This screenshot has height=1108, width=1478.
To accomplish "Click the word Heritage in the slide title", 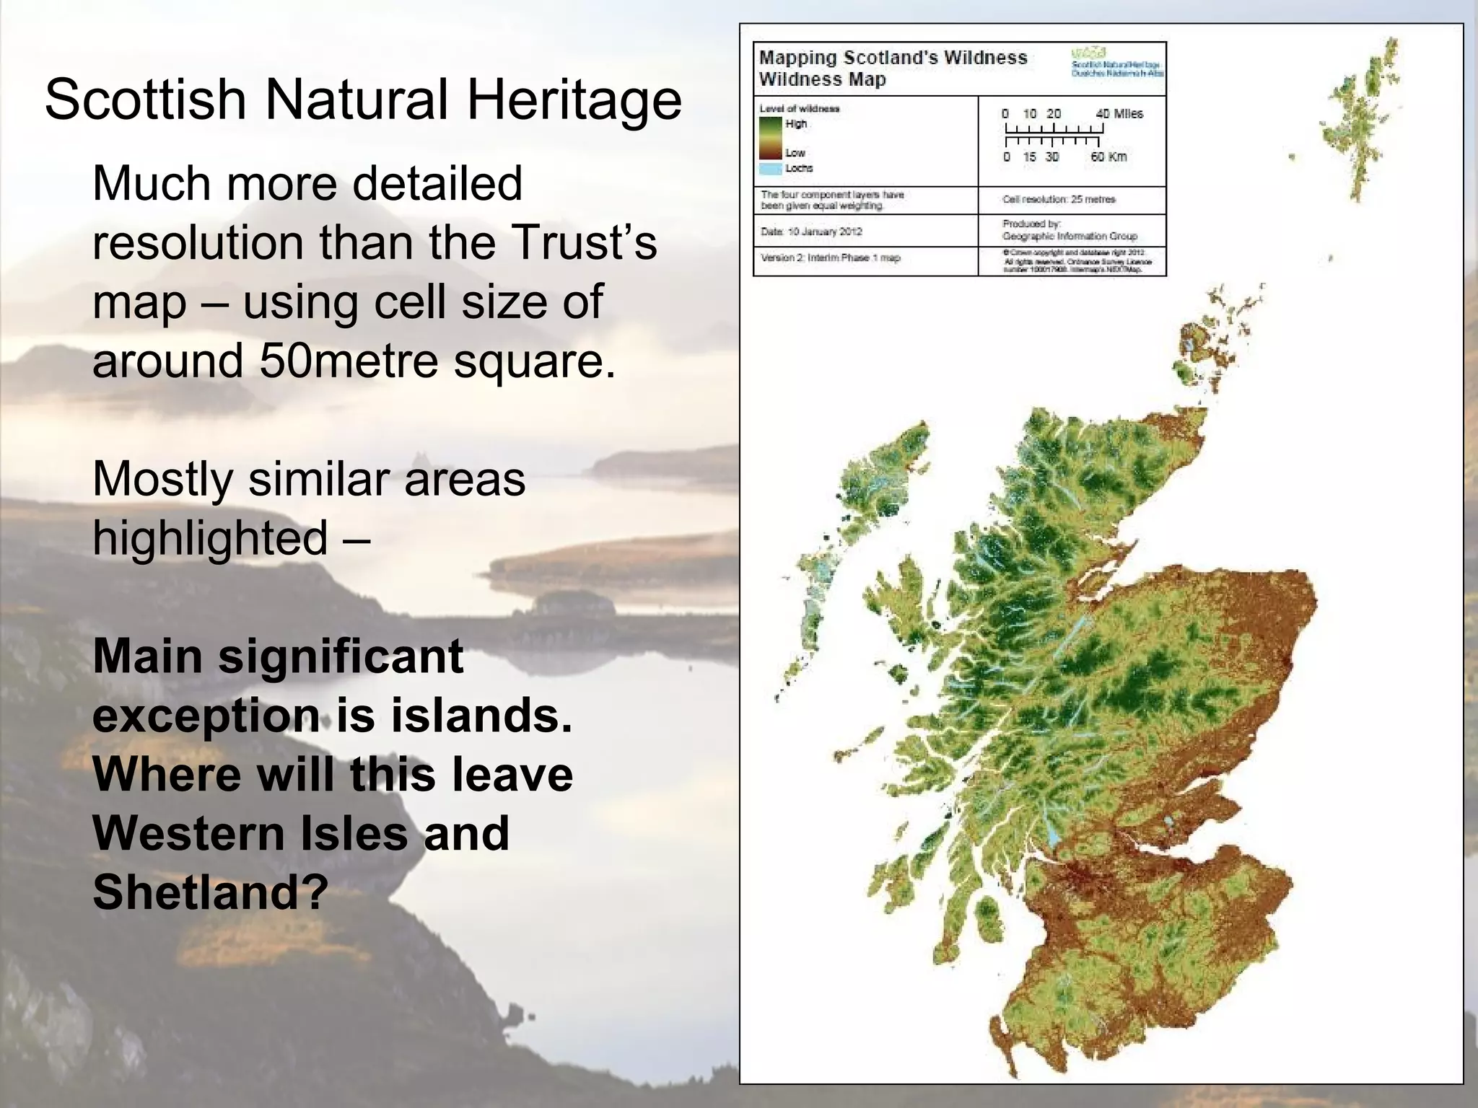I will pyautogui.click(x=574, y=100).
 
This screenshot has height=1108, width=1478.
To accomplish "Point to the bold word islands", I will pyautogui.click(x=481, y=716).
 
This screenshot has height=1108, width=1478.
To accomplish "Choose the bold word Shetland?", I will pyautogui.click(x=211, y=892).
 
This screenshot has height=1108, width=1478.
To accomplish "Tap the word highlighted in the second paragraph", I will pyautogui.click(x=210, y=538).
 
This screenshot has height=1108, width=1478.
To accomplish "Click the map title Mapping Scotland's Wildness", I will pyautogui.click(x=893, y=58).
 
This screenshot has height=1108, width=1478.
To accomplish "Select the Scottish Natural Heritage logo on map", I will pyautogui.click(x=1117, y=62).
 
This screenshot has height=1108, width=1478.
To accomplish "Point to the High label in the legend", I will pyautogui.click(x=796, y=124).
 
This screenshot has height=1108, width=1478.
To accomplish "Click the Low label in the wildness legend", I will pyautogui.click(x=795, y=153).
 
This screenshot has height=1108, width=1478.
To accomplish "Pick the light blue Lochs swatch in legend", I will pyautogui.click(x=771, y=169).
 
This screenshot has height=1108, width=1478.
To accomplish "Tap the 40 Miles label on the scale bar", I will pyautogui.click(x=1119, y=114).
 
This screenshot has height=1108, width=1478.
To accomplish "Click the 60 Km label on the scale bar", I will pyautogui.click(x=1108, y=157).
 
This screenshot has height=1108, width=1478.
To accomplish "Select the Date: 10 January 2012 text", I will pyautogui.click(x=811, y=232).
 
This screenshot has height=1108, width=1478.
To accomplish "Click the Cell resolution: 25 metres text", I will pyautogui.click(x=1059, y=199).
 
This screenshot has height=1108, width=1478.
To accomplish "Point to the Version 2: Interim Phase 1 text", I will pyautogui.click(x=830, y=258).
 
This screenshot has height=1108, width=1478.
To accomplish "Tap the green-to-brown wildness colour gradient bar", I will pyautogui.click(x=770, y=138).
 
